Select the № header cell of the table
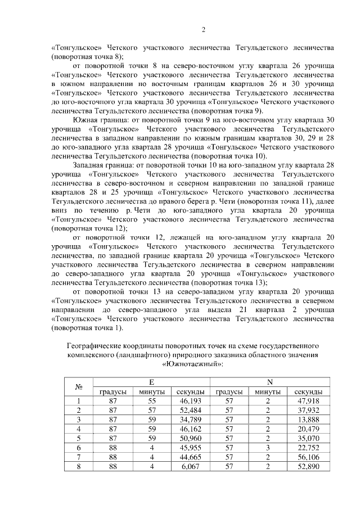79,386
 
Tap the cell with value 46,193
191,401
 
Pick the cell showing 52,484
191,411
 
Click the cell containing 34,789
191,420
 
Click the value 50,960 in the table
191,439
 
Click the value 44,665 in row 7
191,458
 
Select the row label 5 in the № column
79,439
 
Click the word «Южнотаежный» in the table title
192,364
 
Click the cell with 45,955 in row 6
191,449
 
